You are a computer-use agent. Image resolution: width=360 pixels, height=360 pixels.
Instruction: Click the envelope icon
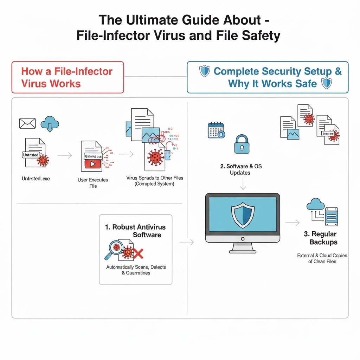28,123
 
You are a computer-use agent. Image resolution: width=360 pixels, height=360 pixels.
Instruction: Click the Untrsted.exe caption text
36,179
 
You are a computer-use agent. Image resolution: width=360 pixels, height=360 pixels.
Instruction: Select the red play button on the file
93,164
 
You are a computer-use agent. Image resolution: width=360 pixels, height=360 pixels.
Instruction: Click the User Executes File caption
93,182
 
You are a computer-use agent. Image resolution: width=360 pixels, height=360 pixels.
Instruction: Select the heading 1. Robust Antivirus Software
135,231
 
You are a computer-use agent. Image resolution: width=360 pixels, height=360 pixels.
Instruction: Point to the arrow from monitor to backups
292,223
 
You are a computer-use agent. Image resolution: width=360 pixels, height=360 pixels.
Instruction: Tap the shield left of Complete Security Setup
205,71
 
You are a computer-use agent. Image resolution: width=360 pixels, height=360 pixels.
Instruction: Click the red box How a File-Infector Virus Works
67,77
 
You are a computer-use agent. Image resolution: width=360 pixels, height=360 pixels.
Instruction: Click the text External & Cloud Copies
322,256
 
